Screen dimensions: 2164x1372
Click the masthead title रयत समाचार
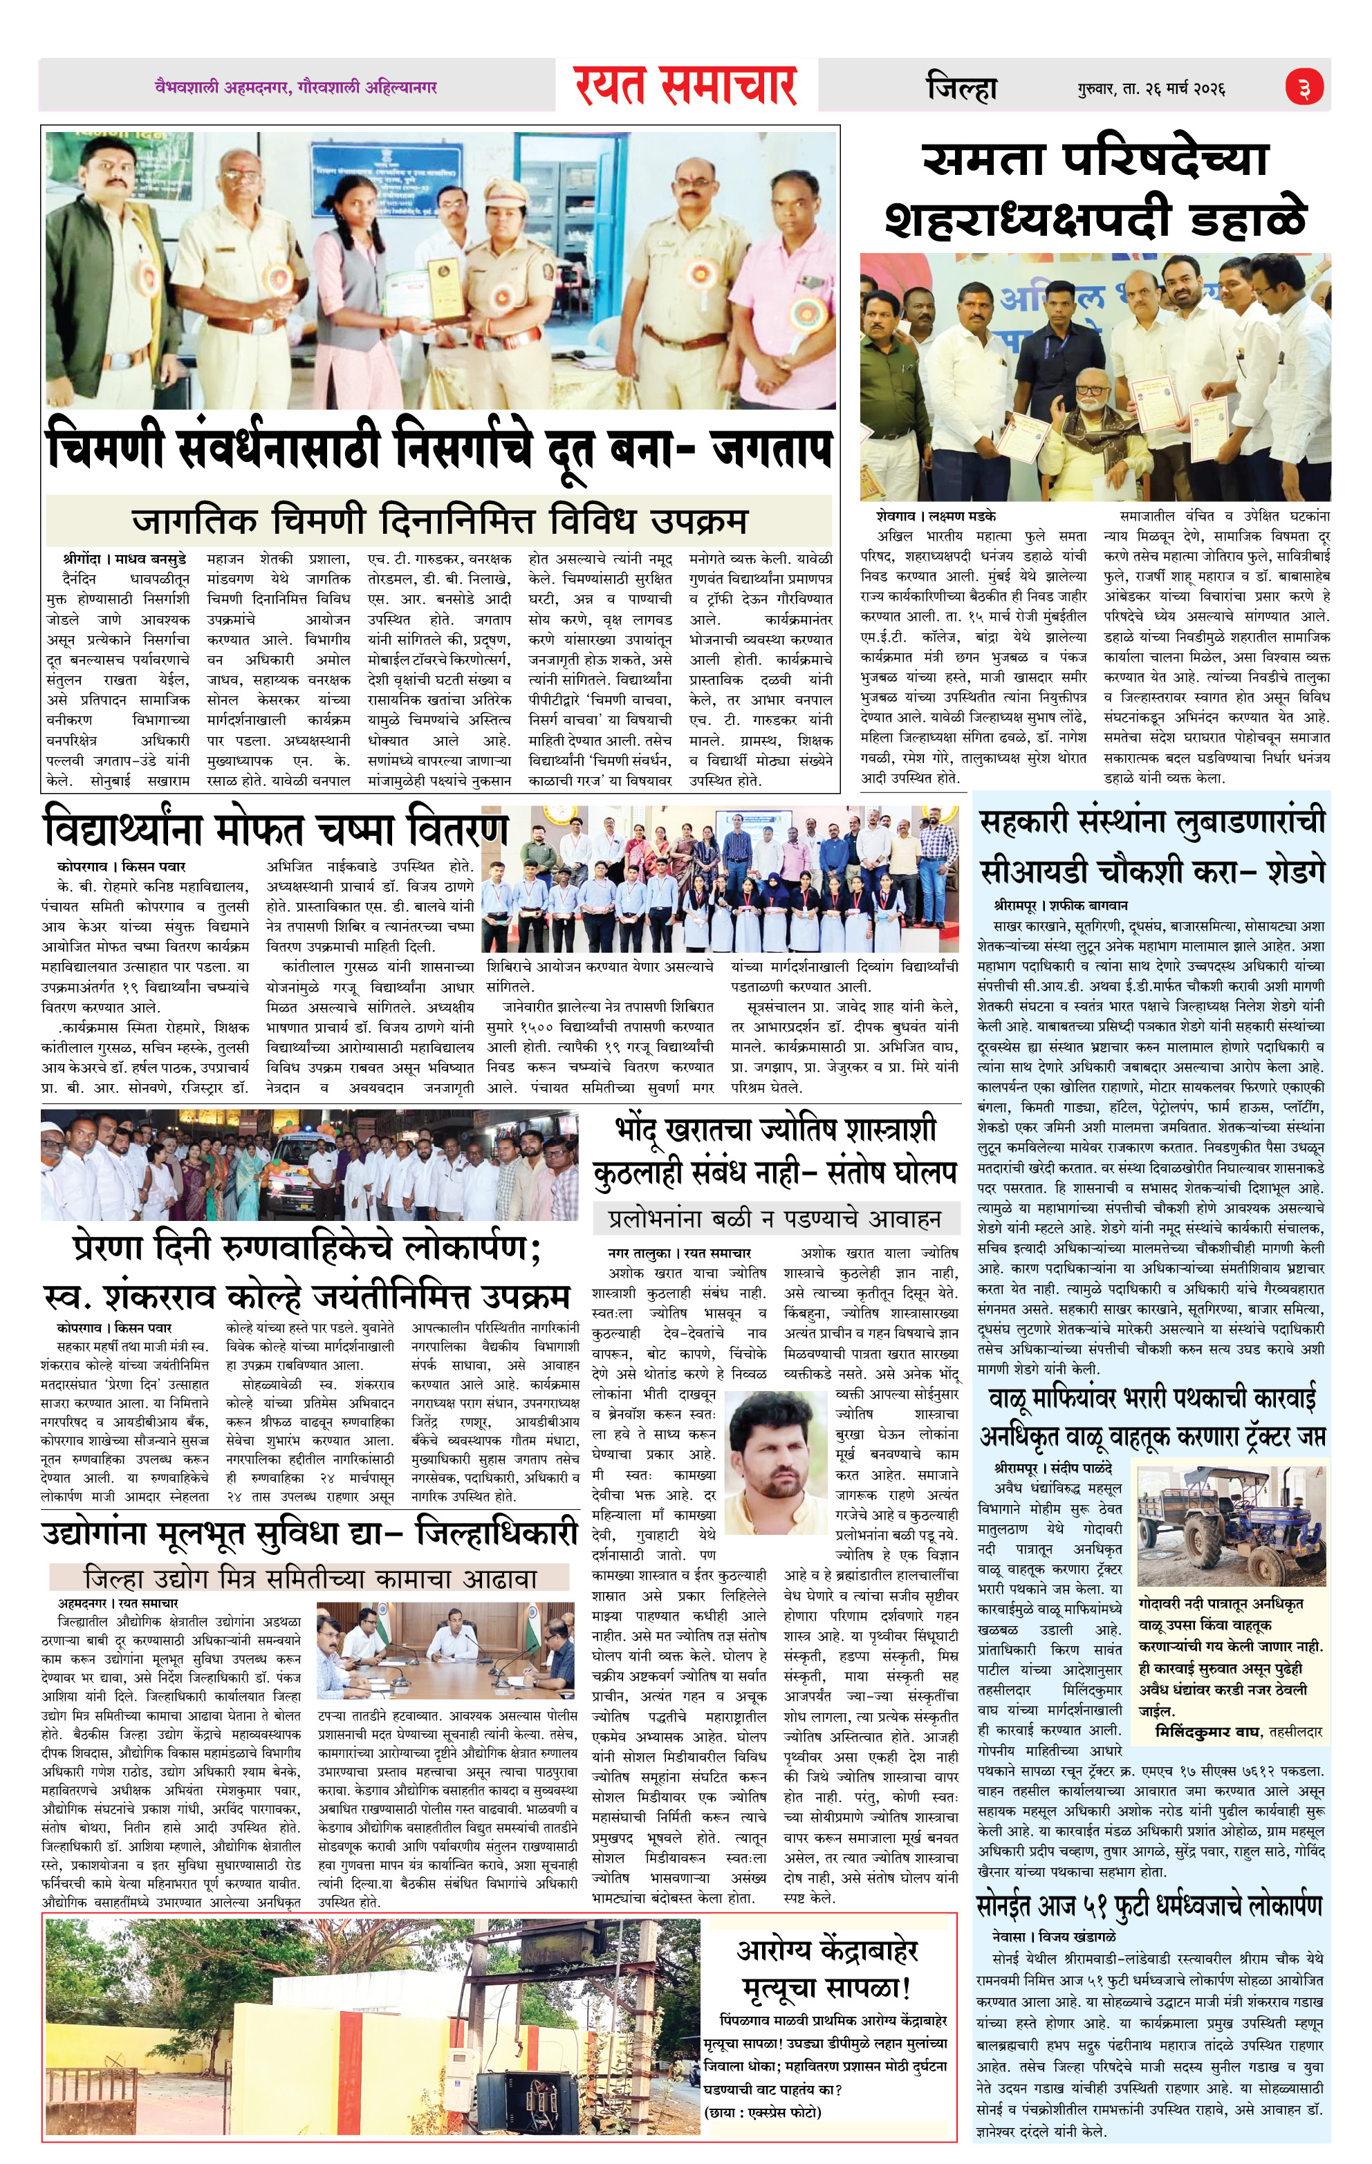687,86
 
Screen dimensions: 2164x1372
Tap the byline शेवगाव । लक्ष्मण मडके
934,516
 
